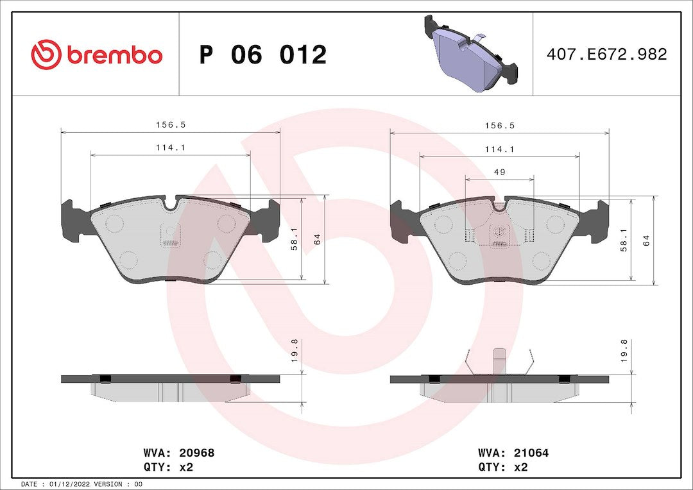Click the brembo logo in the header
(x=97, y=55)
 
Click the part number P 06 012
(x=262, y=55)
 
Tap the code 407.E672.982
(x=606, y=54)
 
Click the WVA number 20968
(x=197, y=453)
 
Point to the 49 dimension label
(x=499, y=173)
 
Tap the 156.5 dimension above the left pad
(x=171, y=125)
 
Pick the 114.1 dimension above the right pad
(x=499, y=150)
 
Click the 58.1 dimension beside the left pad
(x=295, y=240)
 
